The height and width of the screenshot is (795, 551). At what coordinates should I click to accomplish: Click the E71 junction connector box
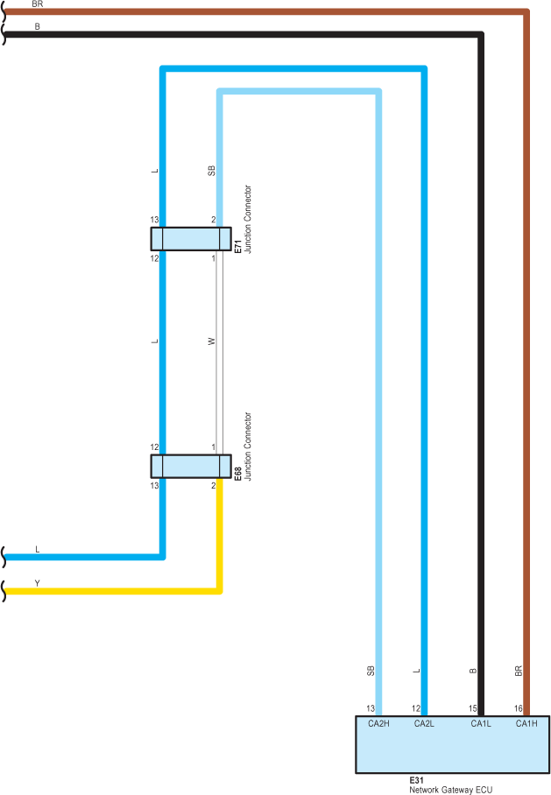point(191,239)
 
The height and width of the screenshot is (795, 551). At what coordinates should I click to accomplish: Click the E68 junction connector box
point(191,466)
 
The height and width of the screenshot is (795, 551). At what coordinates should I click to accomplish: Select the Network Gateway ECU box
point(452,749)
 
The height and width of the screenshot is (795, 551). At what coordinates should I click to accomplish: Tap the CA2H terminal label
point(378,723)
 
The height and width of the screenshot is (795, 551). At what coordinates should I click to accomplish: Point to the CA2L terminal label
point(424,723)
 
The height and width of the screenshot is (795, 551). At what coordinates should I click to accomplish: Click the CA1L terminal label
point(481,723)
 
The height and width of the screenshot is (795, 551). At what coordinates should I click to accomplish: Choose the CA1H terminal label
point(526,723)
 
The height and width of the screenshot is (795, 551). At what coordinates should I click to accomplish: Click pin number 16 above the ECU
point(519,708)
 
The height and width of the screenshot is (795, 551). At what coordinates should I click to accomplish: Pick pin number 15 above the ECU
point(472,708)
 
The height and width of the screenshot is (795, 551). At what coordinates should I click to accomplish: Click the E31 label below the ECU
point(416,779)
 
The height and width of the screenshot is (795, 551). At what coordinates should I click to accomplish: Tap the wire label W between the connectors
point(211,341)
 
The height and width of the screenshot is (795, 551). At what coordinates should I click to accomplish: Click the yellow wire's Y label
point(37,583)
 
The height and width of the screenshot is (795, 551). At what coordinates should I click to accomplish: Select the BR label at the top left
point(37,4)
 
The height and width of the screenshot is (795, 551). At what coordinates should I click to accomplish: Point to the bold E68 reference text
point(237,474)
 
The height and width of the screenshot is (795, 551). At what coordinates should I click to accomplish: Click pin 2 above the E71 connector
point(213,220)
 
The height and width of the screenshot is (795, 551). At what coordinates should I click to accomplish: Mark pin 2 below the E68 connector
point(213,485)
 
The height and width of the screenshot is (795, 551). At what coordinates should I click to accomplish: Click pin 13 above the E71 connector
point(154,220)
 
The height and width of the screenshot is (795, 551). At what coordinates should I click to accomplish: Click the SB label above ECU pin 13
point(371,671)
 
